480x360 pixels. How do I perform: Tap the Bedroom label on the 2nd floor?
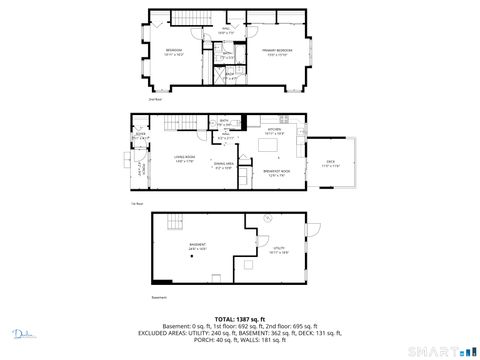pos(174,51)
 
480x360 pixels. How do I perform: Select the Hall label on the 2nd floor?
pos(225,32)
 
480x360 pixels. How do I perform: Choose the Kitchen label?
pos(274,130)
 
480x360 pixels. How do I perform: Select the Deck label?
pos(331,165)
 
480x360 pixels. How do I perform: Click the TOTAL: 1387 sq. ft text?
pos(240,318)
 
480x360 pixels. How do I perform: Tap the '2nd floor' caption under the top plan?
pos(155,100)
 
